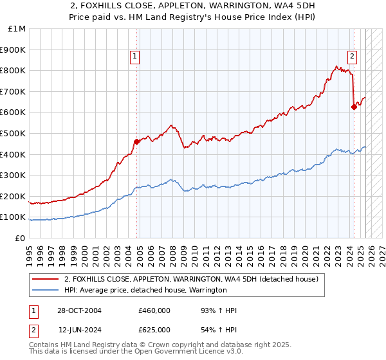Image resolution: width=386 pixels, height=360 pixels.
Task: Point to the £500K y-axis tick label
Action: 14,134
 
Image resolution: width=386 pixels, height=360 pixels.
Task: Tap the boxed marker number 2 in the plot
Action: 353,56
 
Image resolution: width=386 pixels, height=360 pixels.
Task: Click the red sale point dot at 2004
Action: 136,141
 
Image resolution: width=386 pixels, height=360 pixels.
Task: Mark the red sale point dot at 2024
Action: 354,107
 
